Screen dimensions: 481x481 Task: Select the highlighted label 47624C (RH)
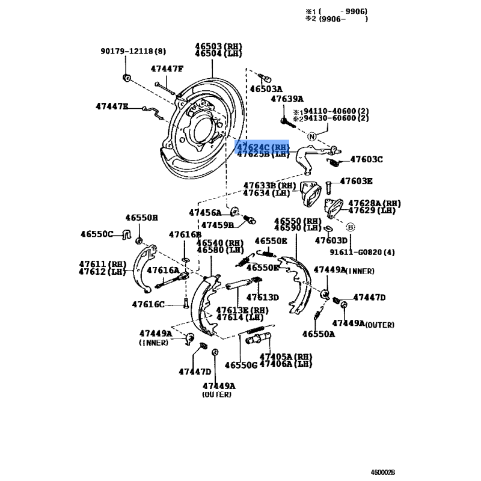point(263,147)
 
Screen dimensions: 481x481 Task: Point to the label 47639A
point(287,99)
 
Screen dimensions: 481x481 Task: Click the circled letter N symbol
point(312,136)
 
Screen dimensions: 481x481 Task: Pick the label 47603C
point(366,159)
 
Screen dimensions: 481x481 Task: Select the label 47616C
point(148,304)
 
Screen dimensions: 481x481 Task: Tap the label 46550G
point(240,364)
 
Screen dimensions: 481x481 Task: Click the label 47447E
point(112,106)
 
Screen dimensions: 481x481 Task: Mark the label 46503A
point(266,89)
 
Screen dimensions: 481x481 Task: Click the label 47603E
point(357,180)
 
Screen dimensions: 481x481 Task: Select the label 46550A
point(318,334)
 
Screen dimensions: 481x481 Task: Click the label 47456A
point(205,212)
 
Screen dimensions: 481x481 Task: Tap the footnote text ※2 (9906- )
point(337,19)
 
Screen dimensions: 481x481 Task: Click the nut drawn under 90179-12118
point(126,78)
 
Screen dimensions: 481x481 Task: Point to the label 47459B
point(217,225)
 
